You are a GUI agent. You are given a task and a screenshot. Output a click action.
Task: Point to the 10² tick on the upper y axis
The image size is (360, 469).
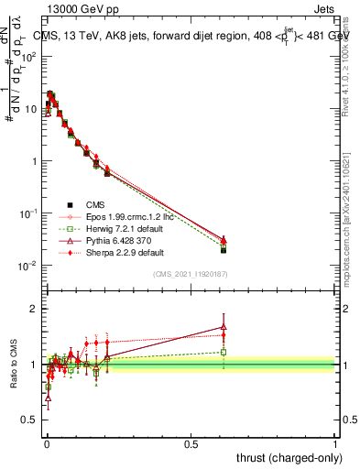[x=28, y=56]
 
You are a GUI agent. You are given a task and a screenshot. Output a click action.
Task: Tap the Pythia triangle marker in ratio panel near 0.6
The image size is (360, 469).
[x=224, y=327]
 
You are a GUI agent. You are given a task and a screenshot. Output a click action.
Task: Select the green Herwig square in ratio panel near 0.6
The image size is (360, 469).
[x=224, y=352]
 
